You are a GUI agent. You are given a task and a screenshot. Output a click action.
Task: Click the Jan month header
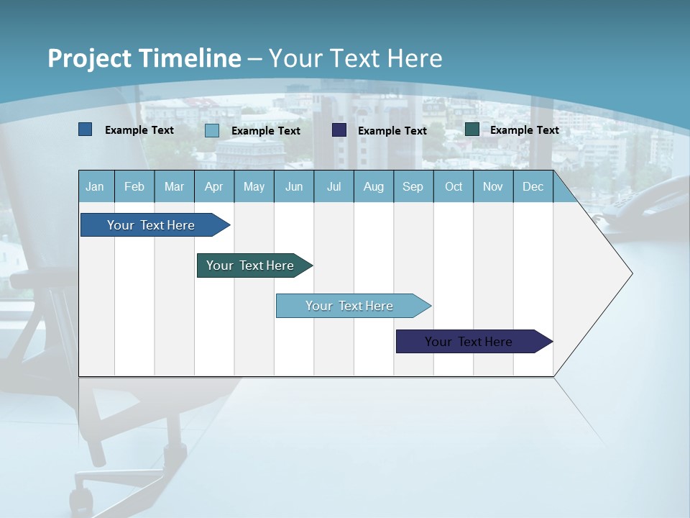click(95, 186)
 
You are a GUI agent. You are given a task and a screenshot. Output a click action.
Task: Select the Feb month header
click(134, 186)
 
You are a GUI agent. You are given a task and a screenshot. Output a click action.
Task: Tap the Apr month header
click(213, 186)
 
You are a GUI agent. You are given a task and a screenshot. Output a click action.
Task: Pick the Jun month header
click(294, 186)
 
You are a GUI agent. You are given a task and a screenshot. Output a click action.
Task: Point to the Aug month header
click(373, 186)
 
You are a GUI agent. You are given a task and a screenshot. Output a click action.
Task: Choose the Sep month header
click(413, 186)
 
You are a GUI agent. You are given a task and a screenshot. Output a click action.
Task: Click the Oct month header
click(454, 186)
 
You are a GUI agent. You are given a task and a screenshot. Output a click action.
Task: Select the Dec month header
click(533, 186)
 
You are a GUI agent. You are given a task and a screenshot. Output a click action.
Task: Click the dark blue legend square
click(86, 129)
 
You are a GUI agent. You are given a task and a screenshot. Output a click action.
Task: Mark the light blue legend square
click(212, 130)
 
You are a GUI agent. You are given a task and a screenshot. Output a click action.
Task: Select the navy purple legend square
click(339, 130)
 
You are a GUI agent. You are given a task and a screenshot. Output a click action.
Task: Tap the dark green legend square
click(472, 129)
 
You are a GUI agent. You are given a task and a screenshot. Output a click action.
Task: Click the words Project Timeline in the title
click(144, 58)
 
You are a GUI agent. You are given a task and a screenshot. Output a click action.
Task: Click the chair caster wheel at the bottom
click(80, 499)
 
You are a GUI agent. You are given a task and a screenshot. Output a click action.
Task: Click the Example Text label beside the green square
click(524, 130)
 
